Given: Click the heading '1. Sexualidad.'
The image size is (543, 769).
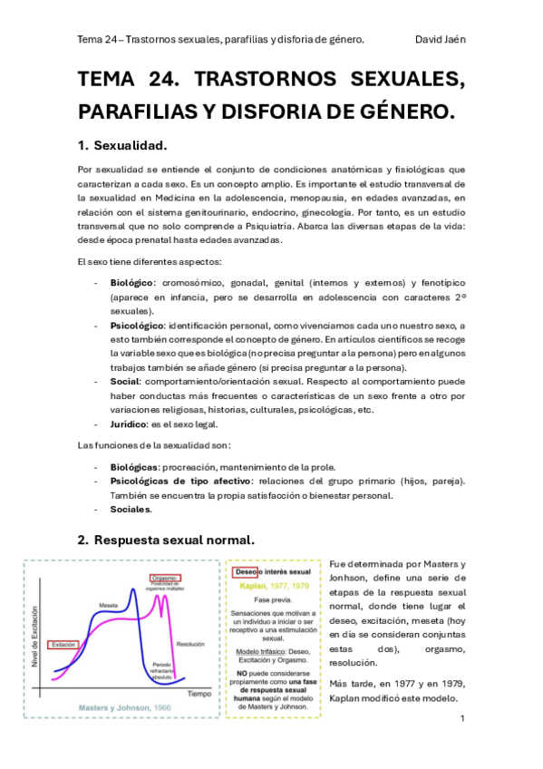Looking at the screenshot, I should pyautogui.click(x=121, y=145).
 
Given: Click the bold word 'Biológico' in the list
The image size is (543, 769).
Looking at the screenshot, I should pyautogui.click(x=132, y=283).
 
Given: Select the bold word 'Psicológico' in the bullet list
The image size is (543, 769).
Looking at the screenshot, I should pyautogui.click(x=137, y=325).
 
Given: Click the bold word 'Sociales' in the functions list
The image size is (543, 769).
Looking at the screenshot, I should pyautogui.click(x=131, y=510).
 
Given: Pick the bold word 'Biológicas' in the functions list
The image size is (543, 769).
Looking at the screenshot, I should pyautogui.click(x=135, y=466).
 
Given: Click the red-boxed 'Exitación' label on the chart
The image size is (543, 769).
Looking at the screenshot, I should pyautogui.click(x=64, y=645).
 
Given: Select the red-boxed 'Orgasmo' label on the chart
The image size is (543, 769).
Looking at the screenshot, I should pyautogui.click(x=165, y=578).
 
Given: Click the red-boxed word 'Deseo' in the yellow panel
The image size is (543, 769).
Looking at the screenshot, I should pyautogui.click(x=246, y=572).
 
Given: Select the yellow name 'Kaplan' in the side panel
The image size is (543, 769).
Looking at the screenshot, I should pyautogui.click(x=255, y=586).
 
